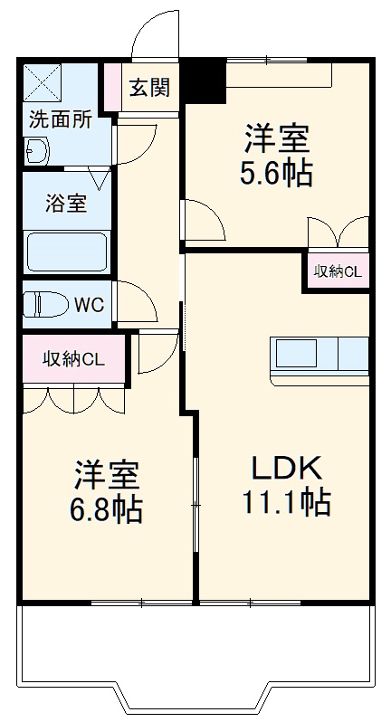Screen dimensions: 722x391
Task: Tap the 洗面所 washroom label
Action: (60, 120)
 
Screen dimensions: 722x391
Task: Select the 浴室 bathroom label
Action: (66, 203)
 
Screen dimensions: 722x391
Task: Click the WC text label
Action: (89, 305)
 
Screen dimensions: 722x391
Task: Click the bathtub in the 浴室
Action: (67, 252)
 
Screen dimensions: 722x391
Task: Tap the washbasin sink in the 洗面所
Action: (37, 151)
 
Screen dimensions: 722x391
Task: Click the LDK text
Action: (285, 468)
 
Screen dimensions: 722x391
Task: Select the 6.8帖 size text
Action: (106, 508)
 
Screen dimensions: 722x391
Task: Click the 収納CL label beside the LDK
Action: (337, 271)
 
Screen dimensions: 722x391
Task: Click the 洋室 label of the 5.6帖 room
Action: (276, 140)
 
